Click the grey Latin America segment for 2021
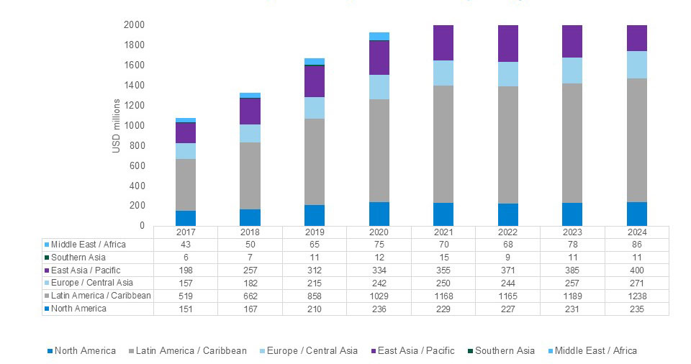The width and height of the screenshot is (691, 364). [443, 144]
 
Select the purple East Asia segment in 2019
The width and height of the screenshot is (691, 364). [314, 81]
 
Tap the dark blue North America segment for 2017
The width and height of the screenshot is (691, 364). [186, 218]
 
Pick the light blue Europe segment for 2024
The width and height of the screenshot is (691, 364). [636, 65]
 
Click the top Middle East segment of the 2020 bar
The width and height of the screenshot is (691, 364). [379, 36]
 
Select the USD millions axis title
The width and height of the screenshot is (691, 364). [116, 125]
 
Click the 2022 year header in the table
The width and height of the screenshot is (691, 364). [507, 232]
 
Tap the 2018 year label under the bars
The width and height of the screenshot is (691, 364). [250, 232]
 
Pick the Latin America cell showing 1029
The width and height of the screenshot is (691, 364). [379, 296]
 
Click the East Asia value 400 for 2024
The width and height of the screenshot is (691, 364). [636, 270]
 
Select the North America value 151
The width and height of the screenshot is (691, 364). [186, 309]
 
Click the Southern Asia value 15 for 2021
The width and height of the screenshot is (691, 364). [443, 258]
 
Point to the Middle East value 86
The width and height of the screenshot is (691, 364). [636, 245]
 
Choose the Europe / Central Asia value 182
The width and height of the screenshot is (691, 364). [250, 283]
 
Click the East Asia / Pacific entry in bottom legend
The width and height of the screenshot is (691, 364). [417, 351]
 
